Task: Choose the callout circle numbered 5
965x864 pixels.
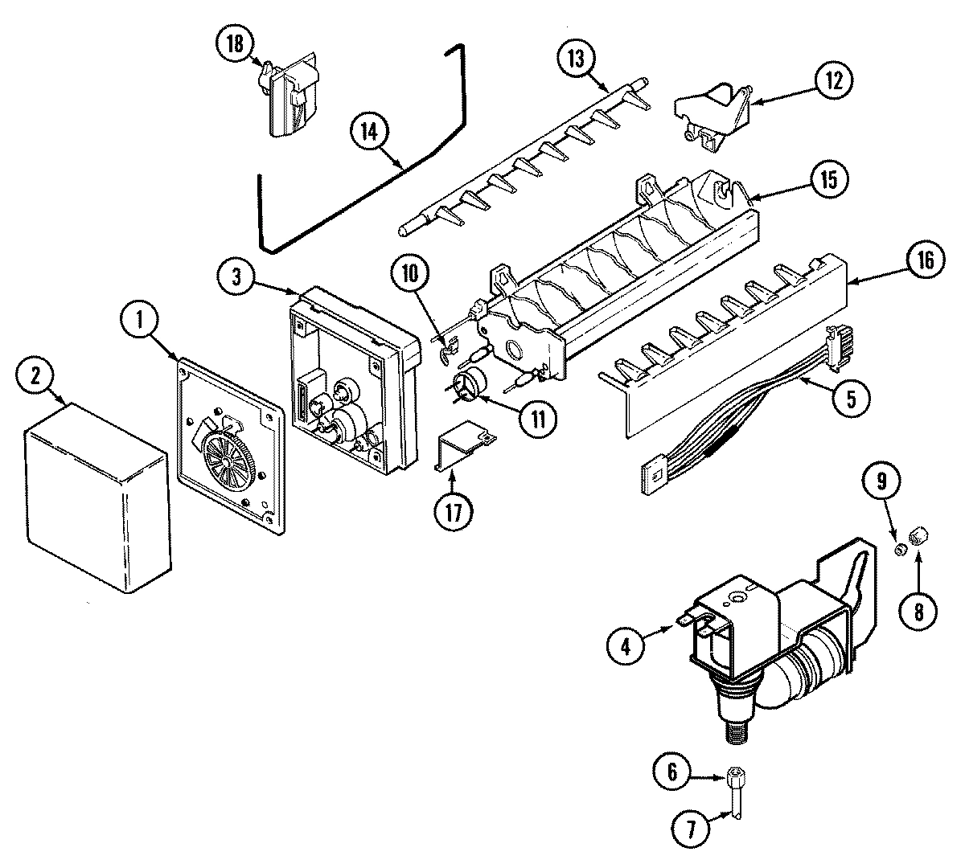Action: click(850, 398)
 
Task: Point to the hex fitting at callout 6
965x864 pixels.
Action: click(733, 778)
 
